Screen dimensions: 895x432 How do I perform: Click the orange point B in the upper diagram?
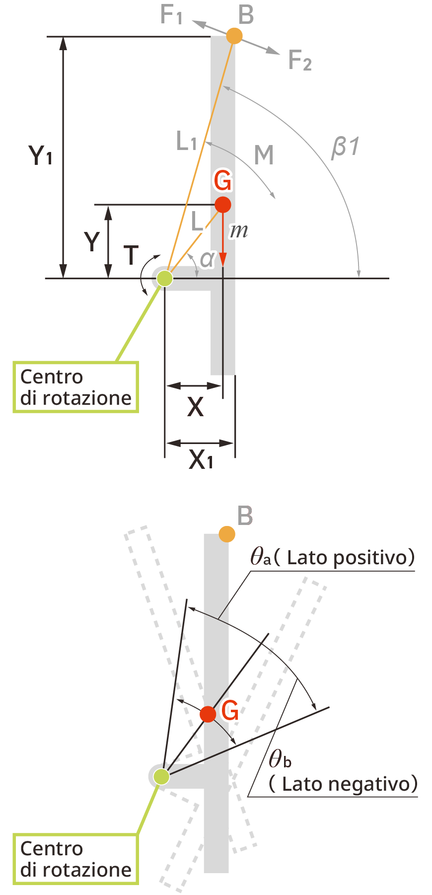pyautogui.click(x=234, y=36)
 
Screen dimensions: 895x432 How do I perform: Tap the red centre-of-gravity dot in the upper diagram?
pyautogui.click(x=223, y=205)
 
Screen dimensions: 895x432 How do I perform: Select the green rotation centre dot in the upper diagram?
pyautogui.click(x=165, y=278)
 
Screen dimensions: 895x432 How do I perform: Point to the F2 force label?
pyautogui.click(x=300, y=61)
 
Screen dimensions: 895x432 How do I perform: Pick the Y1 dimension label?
pyautogui.click(x=40, y=155)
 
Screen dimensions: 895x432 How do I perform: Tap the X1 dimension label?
pyautogui.click(x=201, y=460)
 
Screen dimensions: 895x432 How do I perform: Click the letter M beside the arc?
pyautogui.click(x=264, y=155)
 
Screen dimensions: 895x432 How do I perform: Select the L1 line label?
pyautogui.click(x=187, y=142)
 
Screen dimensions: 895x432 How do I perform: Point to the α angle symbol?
pyautogui.click(x=207, y=259)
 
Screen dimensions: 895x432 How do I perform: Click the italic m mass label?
pyautogui.click(x=239, y=230)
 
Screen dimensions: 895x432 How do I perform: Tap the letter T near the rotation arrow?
pyautogui.click(x=131, y=255)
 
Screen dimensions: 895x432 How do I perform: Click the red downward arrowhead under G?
pyautogui.click(x=223, y=260)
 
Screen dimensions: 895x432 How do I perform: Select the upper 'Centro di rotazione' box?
pyautogui.click(x=75, y=387)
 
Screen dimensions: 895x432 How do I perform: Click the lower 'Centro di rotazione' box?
pyautogui.click(x=75, y=859)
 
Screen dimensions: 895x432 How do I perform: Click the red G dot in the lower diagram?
pyautogui.click(x=208, y=714)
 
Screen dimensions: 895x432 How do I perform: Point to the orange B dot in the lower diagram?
pyautogui.click(x=227, y=534)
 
